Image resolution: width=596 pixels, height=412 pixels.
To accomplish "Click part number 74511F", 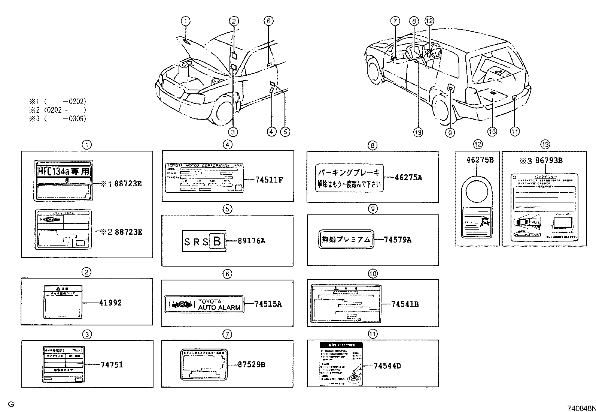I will [x=269, y=180].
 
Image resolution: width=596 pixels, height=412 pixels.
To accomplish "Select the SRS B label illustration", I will [x=204, y=241].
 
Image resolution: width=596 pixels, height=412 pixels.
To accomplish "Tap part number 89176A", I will [x=251, y=241].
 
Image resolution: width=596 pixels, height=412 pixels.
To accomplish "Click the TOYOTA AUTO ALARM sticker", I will [x=204, y=304].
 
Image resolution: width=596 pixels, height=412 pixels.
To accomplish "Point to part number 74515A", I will [x=268, y=304].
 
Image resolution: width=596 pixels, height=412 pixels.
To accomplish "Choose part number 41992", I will [x=110, y=303].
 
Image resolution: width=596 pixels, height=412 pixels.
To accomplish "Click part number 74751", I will [x=112, y=364].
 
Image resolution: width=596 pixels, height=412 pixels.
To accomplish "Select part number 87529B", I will [x=252, y=364].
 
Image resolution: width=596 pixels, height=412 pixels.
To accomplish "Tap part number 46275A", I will [x=408, y=178].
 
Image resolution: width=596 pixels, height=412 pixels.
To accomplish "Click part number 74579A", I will [x=398, y=240].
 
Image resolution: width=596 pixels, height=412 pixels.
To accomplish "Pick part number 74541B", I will [x=405, y=304].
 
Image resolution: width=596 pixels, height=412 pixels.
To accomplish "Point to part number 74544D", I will [x=387, y=366].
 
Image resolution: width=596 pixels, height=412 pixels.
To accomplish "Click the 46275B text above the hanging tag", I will [x=480, y=160].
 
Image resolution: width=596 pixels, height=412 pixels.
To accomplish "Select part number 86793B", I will [x=549, y=161].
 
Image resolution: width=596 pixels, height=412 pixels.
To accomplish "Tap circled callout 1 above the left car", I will [x=186, y=21].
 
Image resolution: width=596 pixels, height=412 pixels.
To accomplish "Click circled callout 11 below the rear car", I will [x=515, y=131].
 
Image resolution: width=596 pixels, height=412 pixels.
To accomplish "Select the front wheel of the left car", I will [x=221, y=110].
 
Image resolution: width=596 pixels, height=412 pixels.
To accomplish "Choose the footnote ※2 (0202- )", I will [x=58, y=110].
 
